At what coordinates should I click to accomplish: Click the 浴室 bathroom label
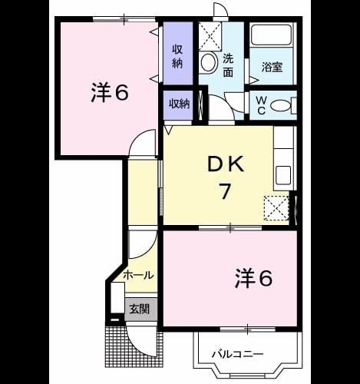[272, 67]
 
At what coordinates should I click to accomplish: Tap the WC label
[261, 105]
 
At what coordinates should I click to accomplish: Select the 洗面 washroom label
[228, 65]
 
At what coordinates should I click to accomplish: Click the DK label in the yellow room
[226, 164]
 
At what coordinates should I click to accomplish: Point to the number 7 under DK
[225, 191]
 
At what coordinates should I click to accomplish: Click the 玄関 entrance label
[139, 309]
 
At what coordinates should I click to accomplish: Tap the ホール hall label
[138, 276]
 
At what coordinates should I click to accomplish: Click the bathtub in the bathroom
[272, 35]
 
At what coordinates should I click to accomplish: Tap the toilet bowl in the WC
[281, 105]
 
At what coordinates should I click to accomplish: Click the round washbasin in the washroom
[208, 62]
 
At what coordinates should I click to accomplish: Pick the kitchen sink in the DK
[283, 175]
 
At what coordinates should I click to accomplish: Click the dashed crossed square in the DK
[276, 208]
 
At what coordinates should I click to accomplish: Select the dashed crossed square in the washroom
[210, 35]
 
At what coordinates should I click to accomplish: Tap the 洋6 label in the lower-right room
[253, 277]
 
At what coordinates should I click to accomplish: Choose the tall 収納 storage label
[177, 56]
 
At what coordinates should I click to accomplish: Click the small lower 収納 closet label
[179, 104]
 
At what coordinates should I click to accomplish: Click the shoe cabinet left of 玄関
[117, 297]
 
